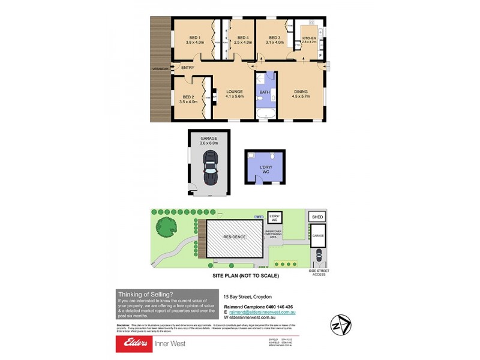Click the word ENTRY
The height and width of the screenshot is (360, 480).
(188, 67)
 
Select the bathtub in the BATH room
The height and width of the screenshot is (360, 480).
(265, 113)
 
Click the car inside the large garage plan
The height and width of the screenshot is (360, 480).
(210, 168)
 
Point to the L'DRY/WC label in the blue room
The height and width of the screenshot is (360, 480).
(265, 170)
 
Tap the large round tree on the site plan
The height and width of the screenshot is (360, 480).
(167, 227)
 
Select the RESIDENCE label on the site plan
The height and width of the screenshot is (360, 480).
(234, 237)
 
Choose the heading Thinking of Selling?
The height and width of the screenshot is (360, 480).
(145, 294)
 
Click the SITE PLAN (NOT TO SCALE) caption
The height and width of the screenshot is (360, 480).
(245, 276)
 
